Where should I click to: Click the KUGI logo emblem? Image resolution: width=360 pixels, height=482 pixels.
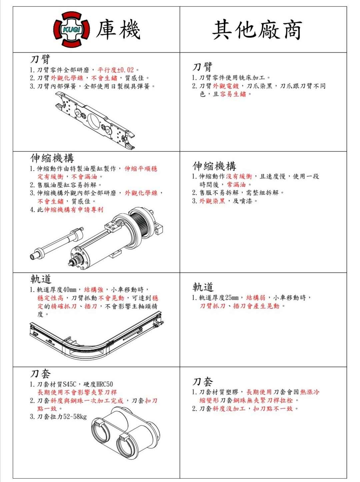72,29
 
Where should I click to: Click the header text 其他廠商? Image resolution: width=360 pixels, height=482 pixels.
257,30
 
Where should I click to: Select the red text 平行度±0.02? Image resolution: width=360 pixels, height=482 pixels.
116,70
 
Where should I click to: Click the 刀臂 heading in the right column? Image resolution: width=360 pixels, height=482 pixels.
202,67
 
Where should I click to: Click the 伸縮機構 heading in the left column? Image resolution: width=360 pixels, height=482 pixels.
52,158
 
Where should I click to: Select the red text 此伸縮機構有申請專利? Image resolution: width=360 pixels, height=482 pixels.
74,210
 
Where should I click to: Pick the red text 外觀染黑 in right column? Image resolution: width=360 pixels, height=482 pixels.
212,201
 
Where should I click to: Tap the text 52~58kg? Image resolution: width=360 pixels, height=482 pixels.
75,417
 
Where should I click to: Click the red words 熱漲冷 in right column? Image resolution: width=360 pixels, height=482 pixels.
310,392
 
